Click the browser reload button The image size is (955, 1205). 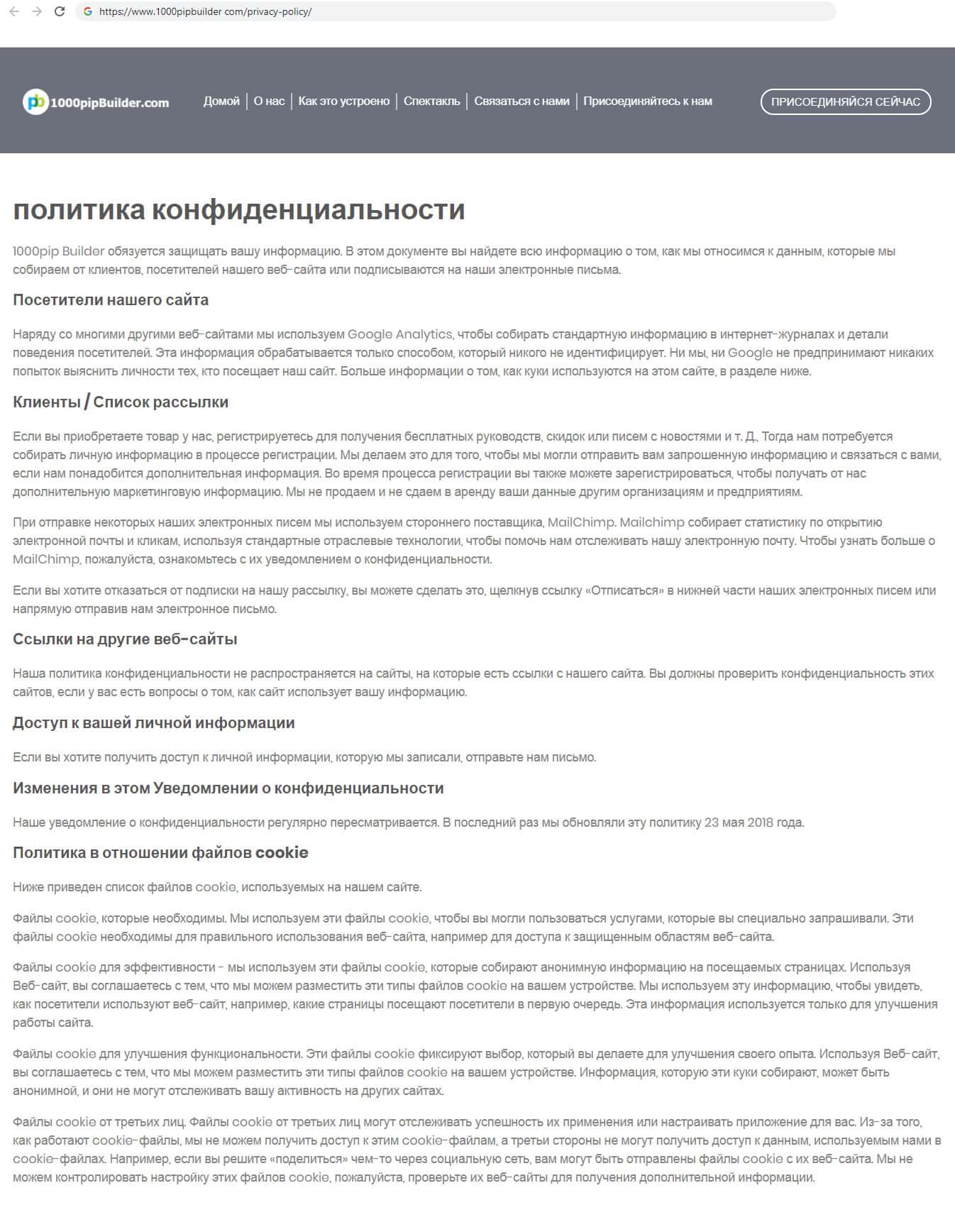[60, 11]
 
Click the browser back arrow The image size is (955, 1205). [14, 11]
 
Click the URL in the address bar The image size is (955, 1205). [206, 11]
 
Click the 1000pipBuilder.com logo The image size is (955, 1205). [96, 102]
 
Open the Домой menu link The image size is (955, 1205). [221, 101]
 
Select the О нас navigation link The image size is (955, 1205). [269, 101]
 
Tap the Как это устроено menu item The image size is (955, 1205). [344, 101]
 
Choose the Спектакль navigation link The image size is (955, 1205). [431, 101]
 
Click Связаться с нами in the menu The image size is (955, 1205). [521, 101]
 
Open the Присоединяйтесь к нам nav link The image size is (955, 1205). [648, 101]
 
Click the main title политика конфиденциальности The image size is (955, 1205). [239, 210]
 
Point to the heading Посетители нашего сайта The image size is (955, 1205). [111, 300]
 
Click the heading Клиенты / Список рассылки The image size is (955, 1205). [121, 402]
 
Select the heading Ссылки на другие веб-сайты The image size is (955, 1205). [125, 639]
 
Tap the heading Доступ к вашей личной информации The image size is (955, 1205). [154, 723]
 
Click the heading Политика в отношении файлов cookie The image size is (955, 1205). [160, 853]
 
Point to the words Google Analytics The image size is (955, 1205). [399, 334]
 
